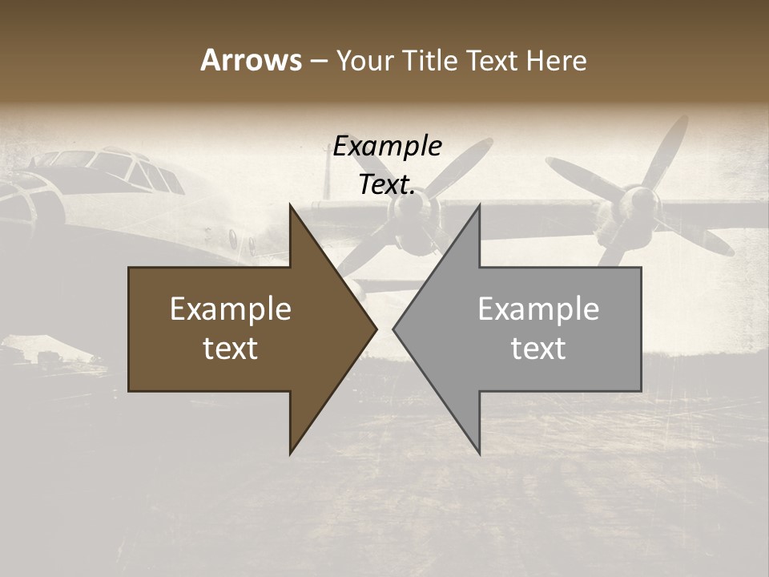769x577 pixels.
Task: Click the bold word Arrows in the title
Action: [x=251, y=60]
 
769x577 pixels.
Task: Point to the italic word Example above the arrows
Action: [x=387, y=147]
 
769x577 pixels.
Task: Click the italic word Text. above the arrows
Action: [x=387, y=185]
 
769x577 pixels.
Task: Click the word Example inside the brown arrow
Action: [x=231, y=309]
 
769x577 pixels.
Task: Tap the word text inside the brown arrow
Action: [x=231, y=349]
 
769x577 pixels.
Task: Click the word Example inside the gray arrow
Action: [x=538, y=309]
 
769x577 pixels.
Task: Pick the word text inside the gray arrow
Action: [x=538, y=349]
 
